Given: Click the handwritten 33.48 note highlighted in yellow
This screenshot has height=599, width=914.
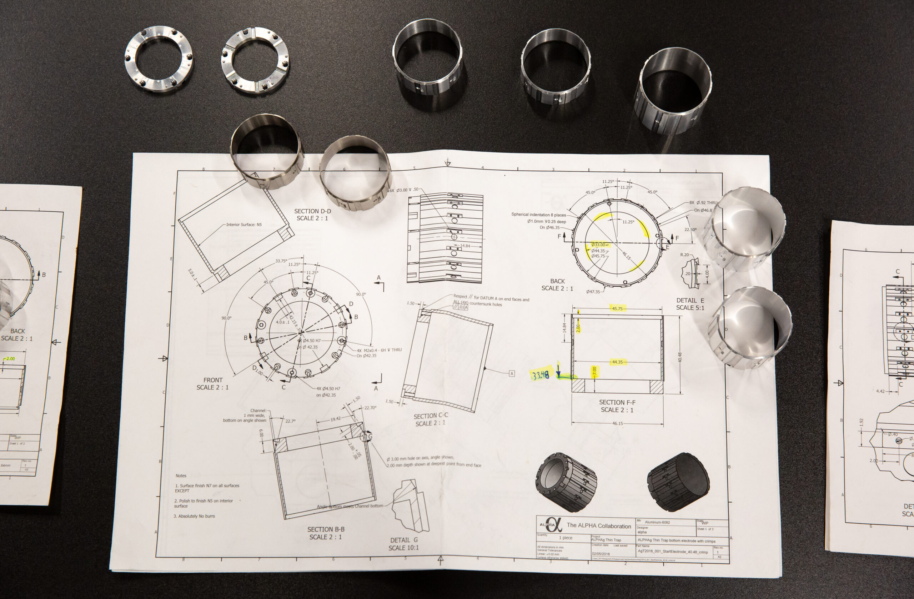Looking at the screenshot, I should pos(540,375).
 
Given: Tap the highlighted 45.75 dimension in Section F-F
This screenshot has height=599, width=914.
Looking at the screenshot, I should pos(617,308).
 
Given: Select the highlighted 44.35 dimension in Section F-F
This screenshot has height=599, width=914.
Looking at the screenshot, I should pos(617,362).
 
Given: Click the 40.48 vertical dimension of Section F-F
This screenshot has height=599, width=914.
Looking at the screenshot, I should pos(680,357).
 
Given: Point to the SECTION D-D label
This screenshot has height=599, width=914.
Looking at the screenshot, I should pos(312,214).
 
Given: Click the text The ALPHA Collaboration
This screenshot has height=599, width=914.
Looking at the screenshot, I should pos(599,526).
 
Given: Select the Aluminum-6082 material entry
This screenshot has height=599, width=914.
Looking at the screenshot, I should pos(657,522).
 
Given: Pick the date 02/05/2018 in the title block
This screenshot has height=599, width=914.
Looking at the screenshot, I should pos(601,554).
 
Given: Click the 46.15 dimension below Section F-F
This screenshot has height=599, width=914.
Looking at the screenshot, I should pos(617,423).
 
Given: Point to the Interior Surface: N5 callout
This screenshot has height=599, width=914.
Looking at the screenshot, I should pos(244,225).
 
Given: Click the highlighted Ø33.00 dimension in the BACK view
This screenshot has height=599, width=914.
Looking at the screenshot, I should pos(598,245).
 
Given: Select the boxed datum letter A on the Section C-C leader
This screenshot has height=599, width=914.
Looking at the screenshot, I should pos(512,373).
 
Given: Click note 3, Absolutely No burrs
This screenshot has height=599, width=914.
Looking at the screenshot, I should pos(194,516).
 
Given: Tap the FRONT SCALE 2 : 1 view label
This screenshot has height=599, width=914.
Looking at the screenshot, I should pos(212,383).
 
